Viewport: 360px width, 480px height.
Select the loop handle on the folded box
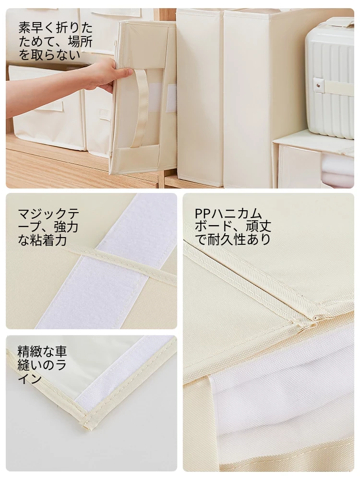click(142, 108)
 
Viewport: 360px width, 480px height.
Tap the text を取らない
click(49, 55)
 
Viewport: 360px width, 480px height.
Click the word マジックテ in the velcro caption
click(48, 214)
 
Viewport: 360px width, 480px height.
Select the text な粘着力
click(42, 240)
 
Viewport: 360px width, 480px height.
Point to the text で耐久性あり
click(233, 240)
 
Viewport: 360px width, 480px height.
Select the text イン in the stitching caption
click(29, 379)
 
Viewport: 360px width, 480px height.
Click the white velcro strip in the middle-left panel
click(101, 260)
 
